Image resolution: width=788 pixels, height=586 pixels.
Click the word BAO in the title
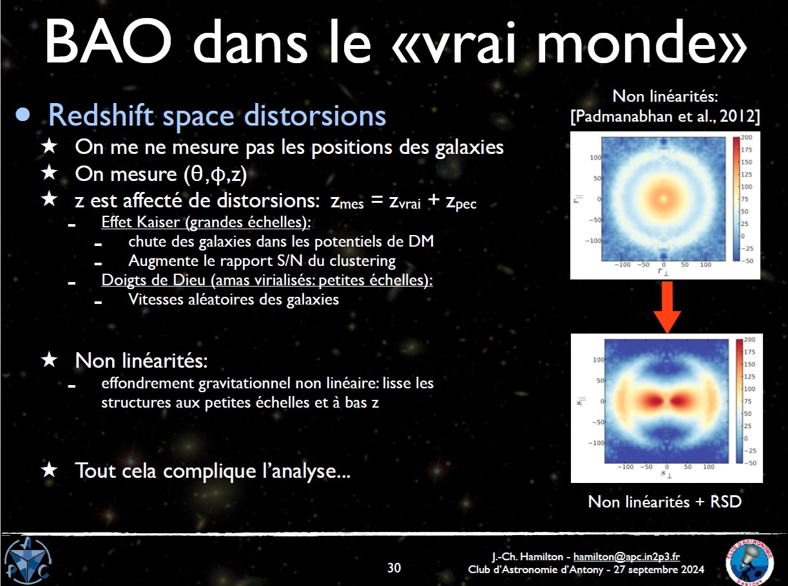pyautogui.click(x=108, y=43)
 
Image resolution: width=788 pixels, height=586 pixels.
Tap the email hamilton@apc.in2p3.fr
pyautogui.click(x=627, y=556)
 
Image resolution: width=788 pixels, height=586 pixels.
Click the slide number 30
pyautogui.click(x=394, y=567)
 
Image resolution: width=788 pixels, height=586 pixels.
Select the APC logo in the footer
pyautogui.click(x=28, y=561)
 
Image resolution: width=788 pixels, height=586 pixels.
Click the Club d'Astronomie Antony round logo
pyautogui.click(x=749, y=562)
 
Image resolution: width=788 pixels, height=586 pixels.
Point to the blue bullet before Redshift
pyautogui.click(x=23, y=115)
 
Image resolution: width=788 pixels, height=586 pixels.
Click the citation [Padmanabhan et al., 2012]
pyautogui.click(x=665, y=117)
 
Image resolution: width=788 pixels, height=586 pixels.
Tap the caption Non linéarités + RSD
pyautogui.click(x=665, y=502)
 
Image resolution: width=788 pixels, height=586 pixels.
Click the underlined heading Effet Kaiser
pyautogui.click(x=206, y=222)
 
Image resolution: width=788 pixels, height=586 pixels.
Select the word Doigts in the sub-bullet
pyautogui.click(x=122, y=280)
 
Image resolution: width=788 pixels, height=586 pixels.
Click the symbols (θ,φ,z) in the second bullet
pyautogui.click(x=215, y=175)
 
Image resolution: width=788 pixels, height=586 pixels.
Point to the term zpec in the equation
pyautogui.click(x=461, y=202)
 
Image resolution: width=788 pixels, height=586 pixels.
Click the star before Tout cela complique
pyautogui.click(x=50, y=470)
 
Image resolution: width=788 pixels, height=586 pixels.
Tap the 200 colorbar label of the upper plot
pyautogui.click(x=746, y=138)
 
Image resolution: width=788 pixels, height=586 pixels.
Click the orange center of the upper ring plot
pyautogui.click(x=664, y=198)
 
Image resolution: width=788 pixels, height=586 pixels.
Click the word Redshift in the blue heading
pyautogui.click(x=101, y=115)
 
